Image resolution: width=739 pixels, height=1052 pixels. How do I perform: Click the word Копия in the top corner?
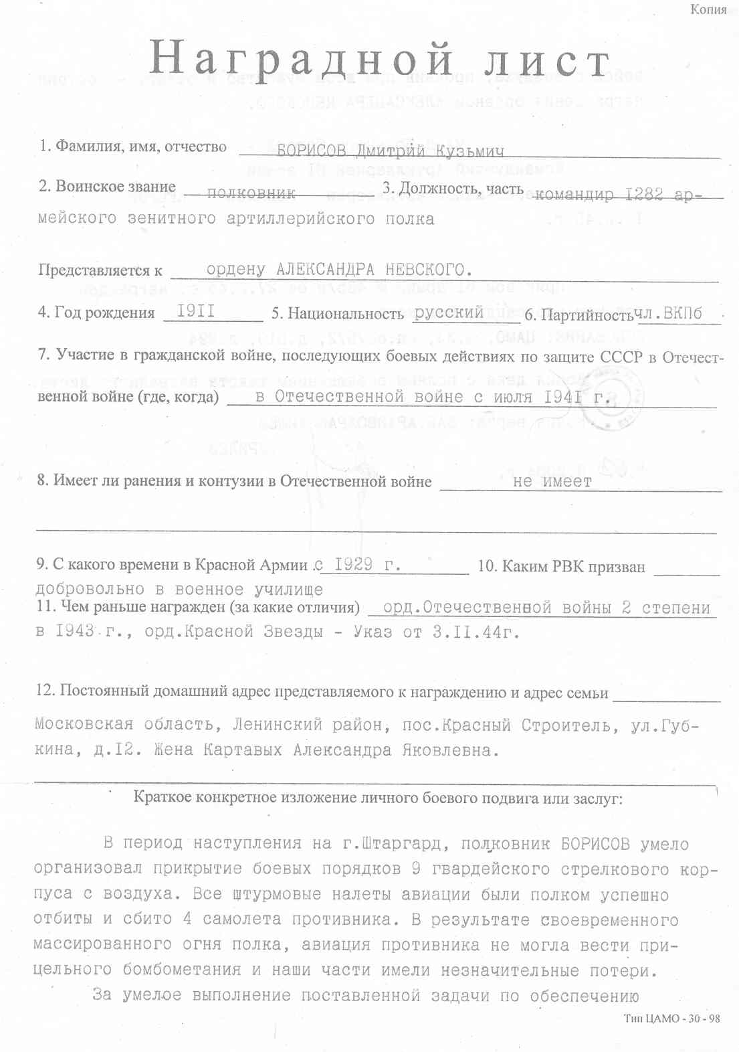708,9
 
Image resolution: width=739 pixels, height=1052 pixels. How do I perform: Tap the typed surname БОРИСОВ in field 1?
311,151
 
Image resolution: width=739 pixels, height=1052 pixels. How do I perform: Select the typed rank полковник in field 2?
251,193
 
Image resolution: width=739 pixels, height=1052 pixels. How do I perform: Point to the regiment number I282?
644,194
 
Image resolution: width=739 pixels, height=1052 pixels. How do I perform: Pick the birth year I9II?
196,311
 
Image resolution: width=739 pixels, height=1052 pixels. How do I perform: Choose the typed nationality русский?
449,313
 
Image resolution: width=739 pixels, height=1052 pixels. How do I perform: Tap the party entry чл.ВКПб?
669,314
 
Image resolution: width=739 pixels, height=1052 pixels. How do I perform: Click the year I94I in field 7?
562,397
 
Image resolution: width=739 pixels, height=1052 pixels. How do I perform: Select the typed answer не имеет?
552,481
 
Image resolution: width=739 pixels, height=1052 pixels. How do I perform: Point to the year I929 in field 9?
354,564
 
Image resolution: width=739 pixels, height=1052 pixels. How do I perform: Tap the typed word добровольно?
90,590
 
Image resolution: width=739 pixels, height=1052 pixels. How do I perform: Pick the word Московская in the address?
84,725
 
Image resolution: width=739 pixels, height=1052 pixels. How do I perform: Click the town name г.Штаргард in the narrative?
392,844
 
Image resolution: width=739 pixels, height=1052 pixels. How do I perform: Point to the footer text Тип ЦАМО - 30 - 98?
672,1018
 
